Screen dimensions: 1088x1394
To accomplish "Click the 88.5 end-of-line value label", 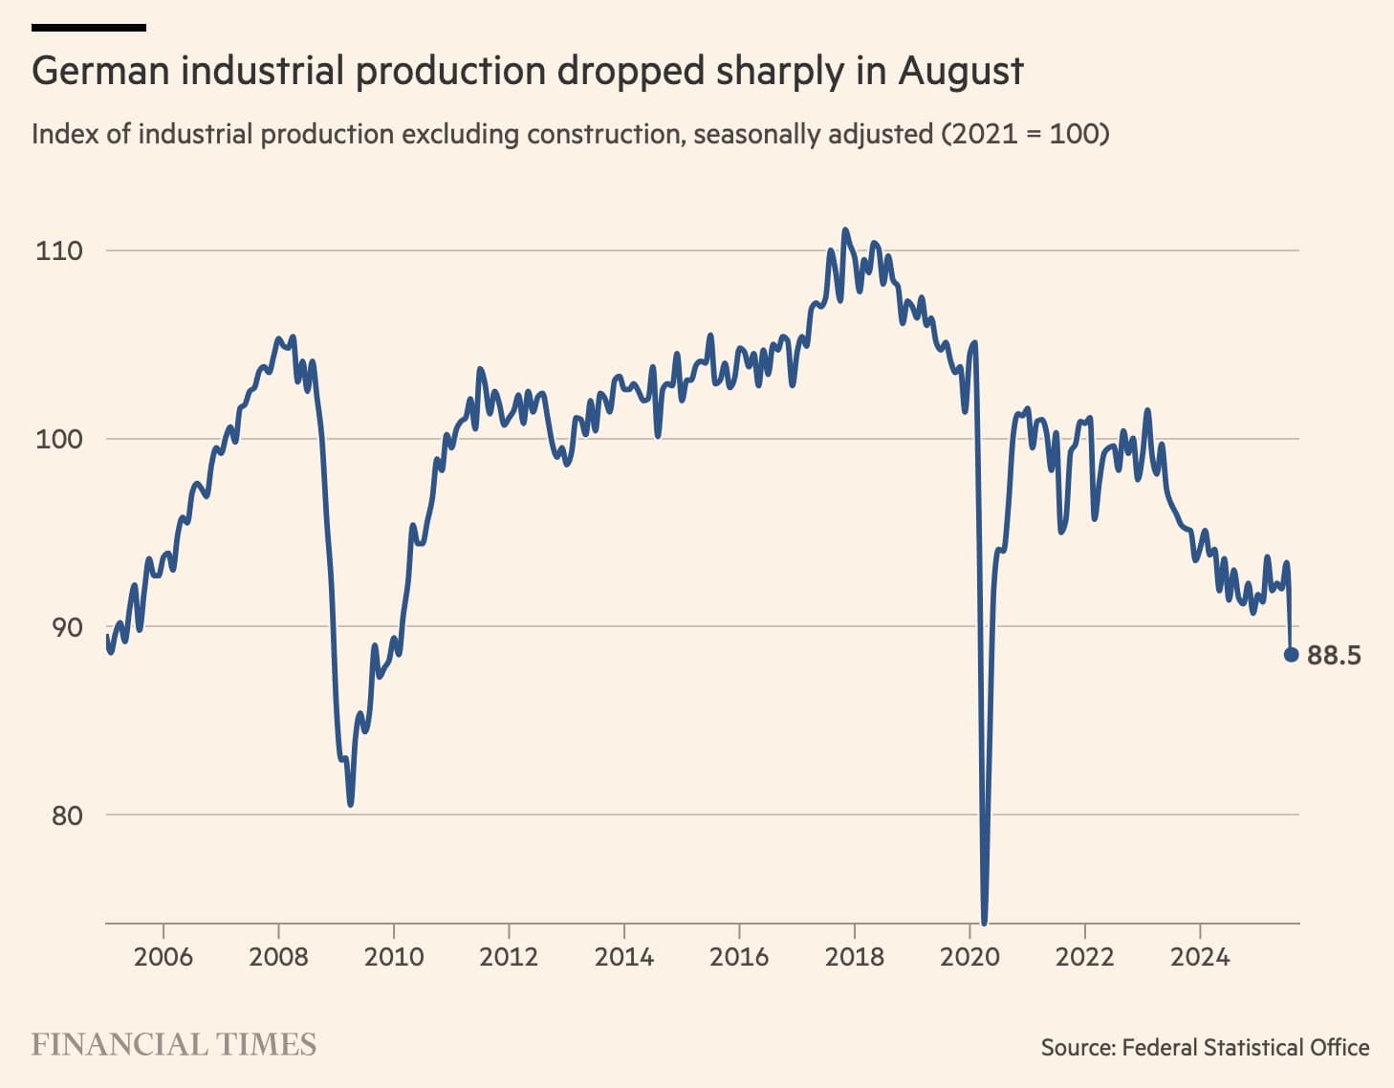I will click(x=1334, y=655).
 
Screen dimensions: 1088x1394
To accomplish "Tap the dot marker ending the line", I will click(x=1291, y=655).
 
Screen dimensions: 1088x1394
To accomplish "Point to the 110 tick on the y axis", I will click(x=59, y=250).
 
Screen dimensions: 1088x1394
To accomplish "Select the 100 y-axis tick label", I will click(x=59, y=439).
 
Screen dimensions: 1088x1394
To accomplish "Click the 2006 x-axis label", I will click(x=163, y=956).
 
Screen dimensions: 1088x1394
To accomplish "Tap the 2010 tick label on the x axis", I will click(x=393, y=956).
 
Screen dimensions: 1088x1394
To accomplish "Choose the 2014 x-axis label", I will click(x=623, y=956).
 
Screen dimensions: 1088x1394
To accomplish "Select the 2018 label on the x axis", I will click(x=854, y=956).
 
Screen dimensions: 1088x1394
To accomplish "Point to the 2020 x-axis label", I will click(x=969, y=956).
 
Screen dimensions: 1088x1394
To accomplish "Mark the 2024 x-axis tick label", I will click(x=1200, y=956).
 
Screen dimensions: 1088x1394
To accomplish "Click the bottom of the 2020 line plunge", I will click(x=984, y=922).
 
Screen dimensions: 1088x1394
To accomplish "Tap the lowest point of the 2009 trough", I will click(x=351, y=803).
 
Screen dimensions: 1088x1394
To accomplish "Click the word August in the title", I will click(x=960, y=72).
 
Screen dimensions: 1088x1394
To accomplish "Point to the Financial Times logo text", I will click(x=173, y=1044).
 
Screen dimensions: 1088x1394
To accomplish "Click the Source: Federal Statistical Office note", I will click(x=1205, y=1047).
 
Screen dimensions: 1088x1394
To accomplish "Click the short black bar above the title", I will click(x=89, y=28).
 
